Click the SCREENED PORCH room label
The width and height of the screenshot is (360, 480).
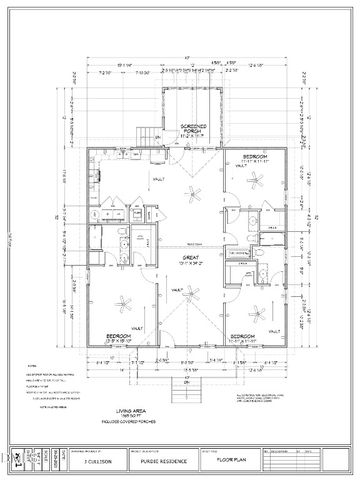tap(194, 127)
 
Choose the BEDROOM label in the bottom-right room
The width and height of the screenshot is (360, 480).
tap(243, 336)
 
